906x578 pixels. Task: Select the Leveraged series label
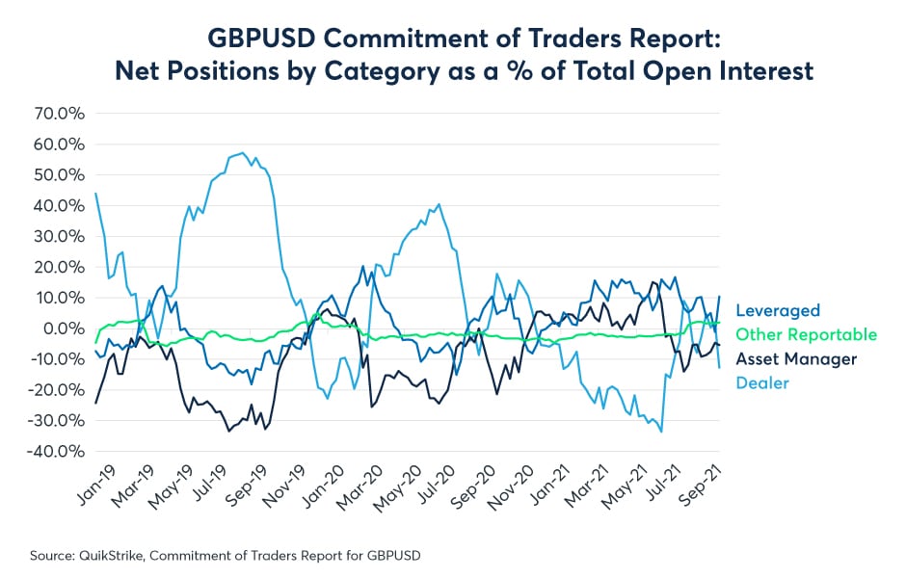point(778,310)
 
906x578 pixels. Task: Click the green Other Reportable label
point(807,335)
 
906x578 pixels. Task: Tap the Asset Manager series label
point(796,359)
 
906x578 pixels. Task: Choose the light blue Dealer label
point(761,383)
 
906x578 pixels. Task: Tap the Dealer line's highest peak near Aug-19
point(243,152)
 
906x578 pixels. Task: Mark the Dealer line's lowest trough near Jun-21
point(660,432)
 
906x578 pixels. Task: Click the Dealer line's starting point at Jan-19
point(95,194)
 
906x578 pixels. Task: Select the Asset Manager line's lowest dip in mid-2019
point(228,431)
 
